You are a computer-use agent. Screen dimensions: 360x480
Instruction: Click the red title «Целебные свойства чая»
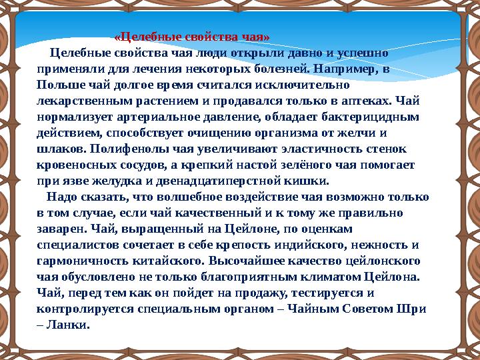(x=192, y=37)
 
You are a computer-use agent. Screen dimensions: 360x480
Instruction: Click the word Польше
(x=59, y=85)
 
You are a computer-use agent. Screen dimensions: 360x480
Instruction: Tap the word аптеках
(x=370, y=101)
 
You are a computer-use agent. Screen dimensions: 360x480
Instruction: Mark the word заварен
(x=61, y=229)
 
